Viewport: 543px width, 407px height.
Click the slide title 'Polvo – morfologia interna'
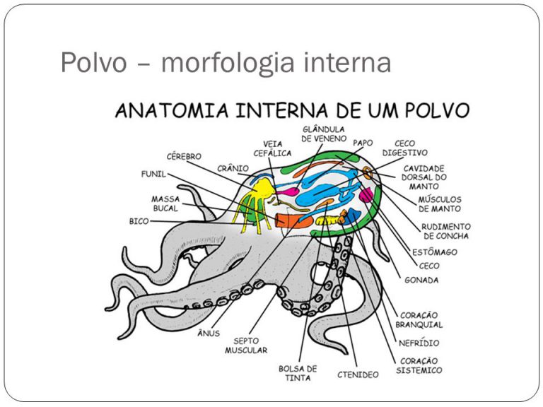(x=226, y=64)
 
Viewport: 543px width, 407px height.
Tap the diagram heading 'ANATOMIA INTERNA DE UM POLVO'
(x=292, y=111)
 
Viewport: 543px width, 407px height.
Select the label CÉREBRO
(x=184, y=156)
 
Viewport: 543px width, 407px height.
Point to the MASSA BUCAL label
(x=165, y=203)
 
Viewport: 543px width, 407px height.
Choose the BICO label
(x=139, y=221)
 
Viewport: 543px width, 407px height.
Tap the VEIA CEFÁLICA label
(x=268, y=149)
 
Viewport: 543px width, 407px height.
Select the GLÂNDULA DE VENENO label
(x=323, y=134)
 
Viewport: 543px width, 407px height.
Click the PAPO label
(x=363, y=143)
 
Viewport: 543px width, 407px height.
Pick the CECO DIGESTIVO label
(x=404, y=148)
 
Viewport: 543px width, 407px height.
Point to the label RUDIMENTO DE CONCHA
(x=445, y=231)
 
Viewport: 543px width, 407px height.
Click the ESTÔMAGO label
(x=435, y=252)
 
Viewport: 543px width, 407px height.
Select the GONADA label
(x=421, y=280)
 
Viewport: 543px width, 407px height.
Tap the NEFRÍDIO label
(x=419, y=343)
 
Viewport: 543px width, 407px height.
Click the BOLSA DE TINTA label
(x=298, y=374)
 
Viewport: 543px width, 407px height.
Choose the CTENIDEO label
(x=357, y=374)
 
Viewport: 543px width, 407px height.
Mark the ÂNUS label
(x=209, y=333)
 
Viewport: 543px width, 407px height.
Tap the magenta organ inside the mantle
(x=366, y=194)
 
